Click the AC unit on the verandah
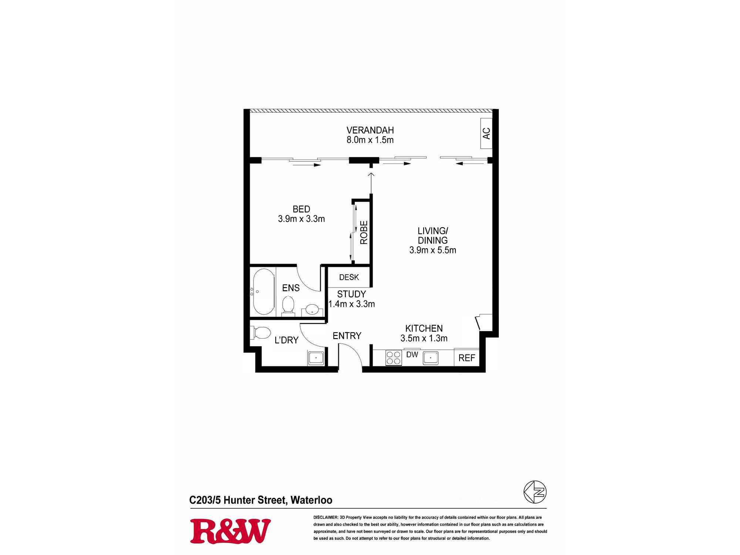pos(486,133)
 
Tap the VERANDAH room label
pos(370,130)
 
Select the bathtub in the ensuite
pos(263,292)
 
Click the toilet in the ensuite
pos(288,306)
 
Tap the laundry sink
pos(316,358)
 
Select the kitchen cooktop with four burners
pos(394,358)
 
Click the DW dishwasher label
pos(412,354)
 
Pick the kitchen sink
pos(431,358)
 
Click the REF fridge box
pos(467,357)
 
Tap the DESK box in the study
pos(349,277)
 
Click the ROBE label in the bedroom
pos(364,232)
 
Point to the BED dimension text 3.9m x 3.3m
pos(302,219)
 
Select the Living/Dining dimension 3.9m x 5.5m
pos(433,250)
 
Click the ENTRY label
pos(347,336)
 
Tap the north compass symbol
pos(535,492)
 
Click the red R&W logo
pos(230,531)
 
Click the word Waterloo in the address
pos(311,500)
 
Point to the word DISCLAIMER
pos(326,517)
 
